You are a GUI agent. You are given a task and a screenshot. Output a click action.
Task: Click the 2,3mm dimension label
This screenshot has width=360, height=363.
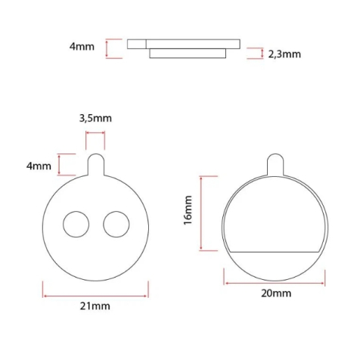[x=284, y=54]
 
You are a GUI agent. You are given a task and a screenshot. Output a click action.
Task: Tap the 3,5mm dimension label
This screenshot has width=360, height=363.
[x=95, y=118]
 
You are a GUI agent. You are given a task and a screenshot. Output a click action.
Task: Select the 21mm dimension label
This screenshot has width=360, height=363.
[x=95, y=306]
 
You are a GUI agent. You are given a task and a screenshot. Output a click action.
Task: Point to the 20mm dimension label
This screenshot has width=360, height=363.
[x=276, y=293]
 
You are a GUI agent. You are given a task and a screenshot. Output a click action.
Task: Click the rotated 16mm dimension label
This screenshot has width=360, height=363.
[x=188, y=210]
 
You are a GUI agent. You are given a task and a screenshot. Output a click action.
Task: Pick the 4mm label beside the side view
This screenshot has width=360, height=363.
[x=82, y=47]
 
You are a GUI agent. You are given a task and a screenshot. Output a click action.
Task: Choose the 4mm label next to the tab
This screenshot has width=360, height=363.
[x=39, y=166]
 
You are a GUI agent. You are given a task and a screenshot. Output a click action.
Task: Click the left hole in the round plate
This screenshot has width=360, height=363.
[x=76, y=224]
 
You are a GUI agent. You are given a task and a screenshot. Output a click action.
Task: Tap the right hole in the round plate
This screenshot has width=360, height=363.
[x=116, y=224]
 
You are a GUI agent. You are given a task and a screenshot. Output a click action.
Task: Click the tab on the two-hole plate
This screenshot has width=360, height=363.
[x=96, y=165]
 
